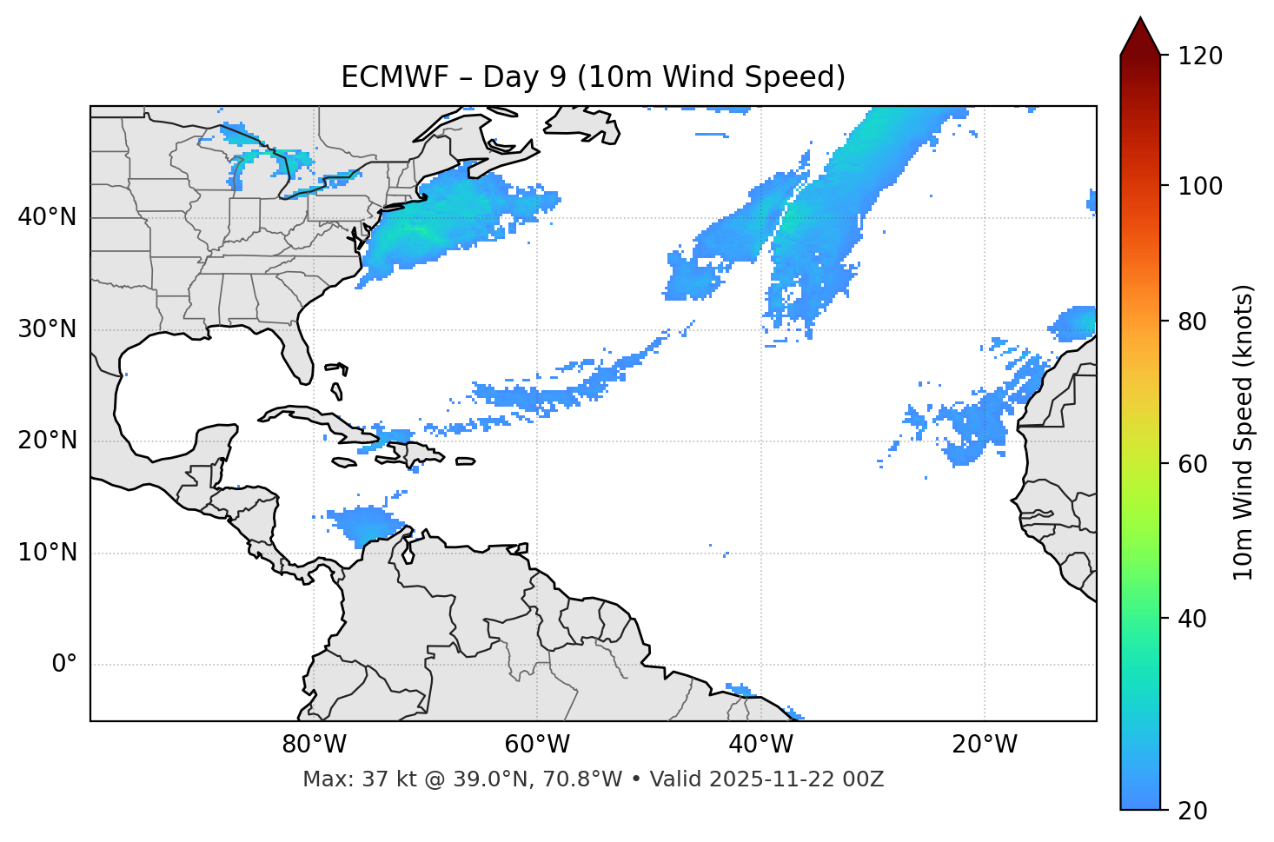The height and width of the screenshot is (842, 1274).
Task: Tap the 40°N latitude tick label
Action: pos(47,217)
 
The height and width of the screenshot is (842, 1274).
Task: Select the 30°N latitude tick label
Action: pos(47,329)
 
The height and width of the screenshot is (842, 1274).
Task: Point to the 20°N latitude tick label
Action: pos(47,441)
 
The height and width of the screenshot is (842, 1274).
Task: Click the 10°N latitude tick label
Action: pos(47,553)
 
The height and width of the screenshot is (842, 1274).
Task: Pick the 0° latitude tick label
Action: pos(64,665)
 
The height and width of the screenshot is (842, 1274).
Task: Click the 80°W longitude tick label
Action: pos(314,745)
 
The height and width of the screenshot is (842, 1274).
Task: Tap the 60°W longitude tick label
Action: pos(537,745)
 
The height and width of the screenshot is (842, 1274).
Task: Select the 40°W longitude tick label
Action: pos(760,745)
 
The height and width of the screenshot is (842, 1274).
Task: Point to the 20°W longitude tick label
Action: pos(984,745)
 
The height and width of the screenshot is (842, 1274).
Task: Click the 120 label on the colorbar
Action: pos(1200,56)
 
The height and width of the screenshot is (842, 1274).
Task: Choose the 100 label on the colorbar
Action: pos(1200,186)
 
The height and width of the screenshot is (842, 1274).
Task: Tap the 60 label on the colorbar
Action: pos(1194,464)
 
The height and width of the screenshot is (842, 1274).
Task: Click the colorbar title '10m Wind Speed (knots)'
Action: pos(1244,432)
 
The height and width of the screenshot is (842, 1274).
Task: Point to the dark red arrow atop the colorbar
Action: pos(1140,36)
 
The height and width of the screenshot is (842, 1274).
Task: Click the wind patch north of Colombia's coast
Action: pos(365,523)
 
